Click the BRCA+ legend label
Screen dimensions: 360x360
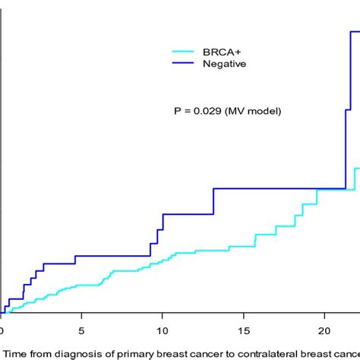223,52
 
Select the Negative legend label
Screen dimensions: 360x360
224,64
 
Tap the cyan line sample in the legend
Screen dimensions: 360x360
184,52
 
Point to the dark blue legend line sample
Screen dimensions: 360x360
184,64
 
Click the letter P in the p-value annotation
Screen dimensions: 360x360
178,111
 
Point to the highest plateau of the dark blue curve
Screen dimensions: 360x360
355,31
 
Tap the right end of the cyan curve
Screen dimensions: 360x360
358,169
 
